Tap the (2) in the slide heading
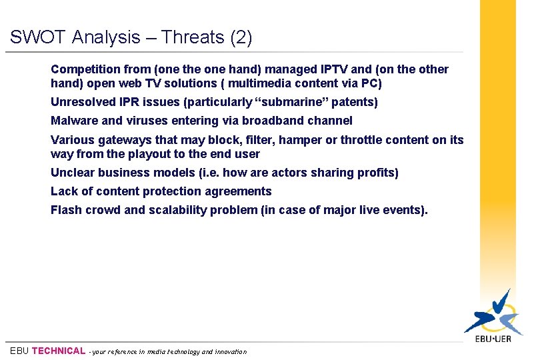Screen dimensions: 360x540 pos(241,38)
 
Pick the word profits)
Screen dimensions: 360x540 pos(377,173)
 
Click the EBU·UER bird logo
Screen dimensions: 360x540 pos(493,314)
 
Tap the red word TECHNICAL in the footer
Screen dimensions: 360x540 pos(59,351)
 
